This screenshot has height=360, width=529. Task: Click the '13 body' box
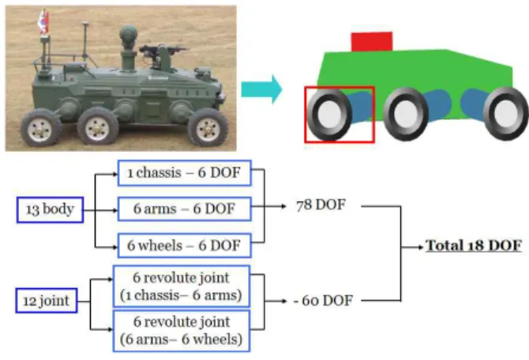[x=50, y=209]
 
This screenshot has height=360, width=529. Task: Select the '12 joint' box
[x=47, y=300]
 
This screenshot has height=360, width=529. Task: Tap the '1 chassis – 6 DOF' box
[x=185, y=173]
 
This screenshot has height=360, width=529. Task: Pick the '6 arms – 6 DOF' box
[x=185, y=209]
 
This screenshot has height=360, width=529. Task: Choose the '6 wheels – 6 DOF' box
[x=185, y=246]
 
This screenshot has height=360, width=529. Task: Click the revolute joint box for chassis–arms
[x=182, y=286]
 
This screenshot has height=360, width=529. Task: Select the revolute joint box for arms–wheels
[x=182, y=331]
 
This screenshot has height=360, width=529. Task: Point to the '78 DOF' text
[x=321, y=205]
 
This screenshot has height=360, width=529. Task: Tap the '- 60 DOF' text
[x=323, y=300]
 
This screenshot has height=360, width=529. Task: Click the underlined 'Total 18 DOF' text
[x=474, y=246]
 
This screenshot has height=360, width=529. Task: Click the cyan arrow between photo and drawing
[x=262, y=89]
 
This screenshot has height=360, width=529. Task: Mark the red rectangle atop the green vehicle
[x=372, y=42]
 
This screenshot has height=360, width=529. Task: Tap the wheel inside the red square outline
[x=329, y=114]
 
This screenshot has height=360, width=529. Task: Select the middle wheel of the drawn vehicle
[x=406, y=114]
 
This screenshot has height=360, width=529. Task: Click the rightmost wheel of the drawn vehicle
[x=505, y=114]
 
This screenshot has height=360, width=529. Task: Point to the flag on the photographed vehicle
[x=43, y=22]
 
